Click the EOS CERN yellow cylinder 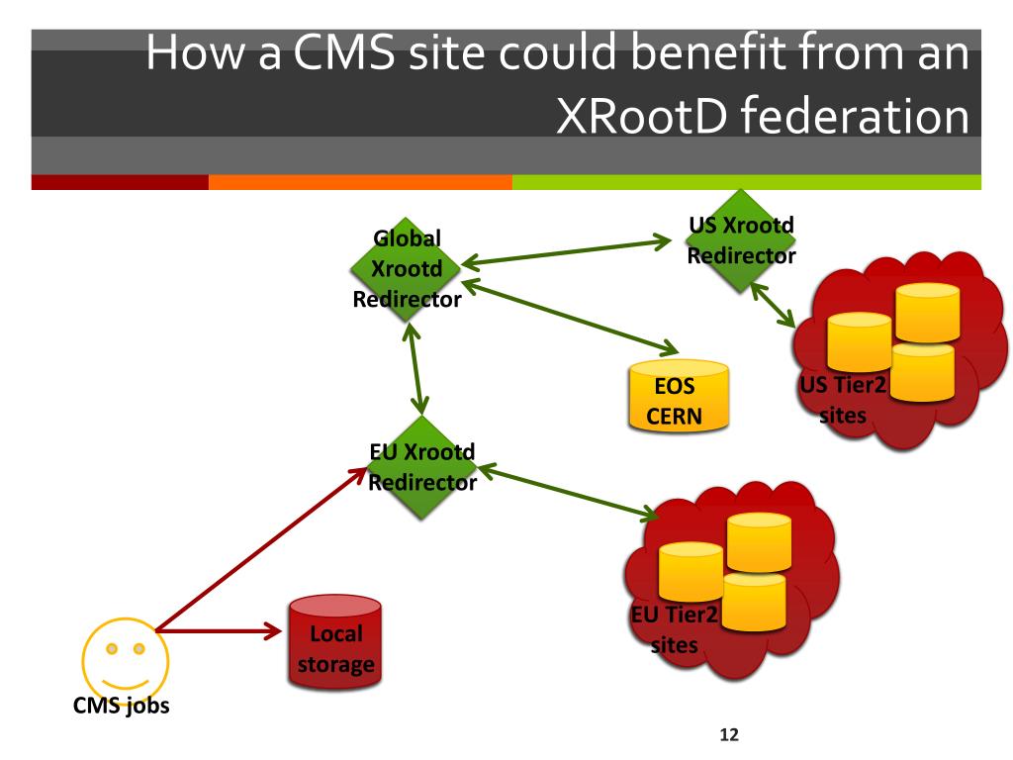click(679, 395)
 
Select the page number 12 click(729, 736)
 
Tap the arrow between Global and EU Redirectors click(416, 371)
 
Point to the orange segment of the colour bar click(360, 182)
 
